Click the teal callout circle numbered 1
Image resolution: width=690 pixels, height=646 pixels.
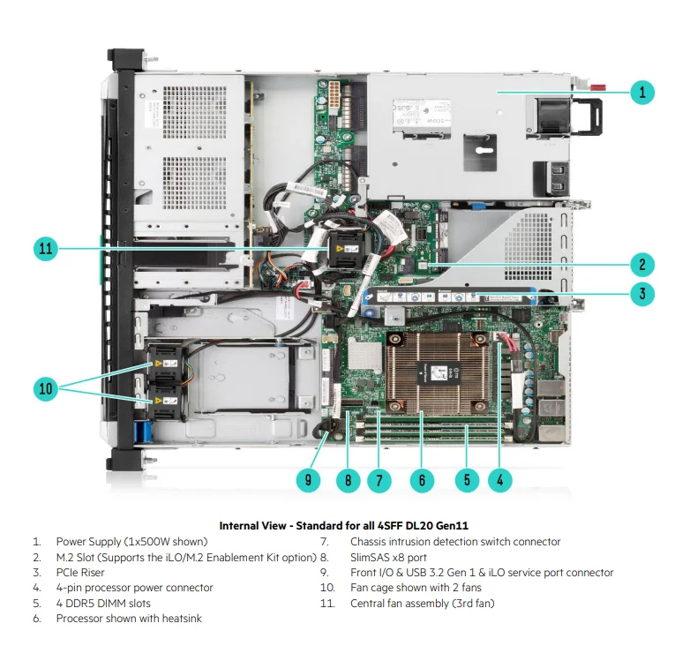point(642,92)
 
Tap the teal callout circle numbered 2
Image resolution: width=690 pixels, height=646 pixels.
point(642,264)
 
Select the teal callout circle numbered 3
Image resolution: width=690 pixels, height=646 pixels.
point(642,294)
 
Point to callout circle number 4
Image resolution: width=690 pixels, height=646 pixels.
point(500,480)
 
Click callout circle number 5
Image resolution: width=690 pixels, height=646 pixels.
point(466,480)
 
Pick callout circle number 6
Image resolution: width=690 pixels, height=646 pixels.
point(422,480)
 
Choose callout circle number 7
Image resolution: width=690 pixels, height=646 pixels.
point(379,480)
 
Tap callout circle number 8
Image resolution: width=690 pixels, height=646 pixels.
point(349,480)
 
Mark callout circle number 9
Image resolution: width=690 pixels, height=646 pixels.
point(308,480)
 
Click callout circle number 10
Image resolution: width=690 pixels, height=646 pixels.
point(48,387)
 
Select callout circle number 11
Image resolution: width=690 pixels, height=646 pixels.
point(48,249)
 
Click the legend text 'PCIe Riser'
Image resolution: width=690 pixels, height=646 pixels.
point(80,573)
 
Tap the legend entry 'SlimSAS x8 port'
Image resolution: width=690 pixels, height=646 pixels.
point(388,557)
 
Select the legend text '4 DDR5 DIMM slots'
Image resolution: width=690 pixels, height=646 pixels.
point(102,604)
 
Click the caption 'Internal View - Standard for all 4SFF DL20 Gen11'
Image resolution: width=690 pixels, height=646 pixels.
point(344,525)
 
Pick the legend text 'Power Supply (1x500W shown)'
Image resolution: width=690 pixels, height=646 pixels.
point(131,542)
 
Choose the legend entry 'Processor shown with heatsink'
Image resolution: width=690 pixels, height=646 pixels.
point(129,619)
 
